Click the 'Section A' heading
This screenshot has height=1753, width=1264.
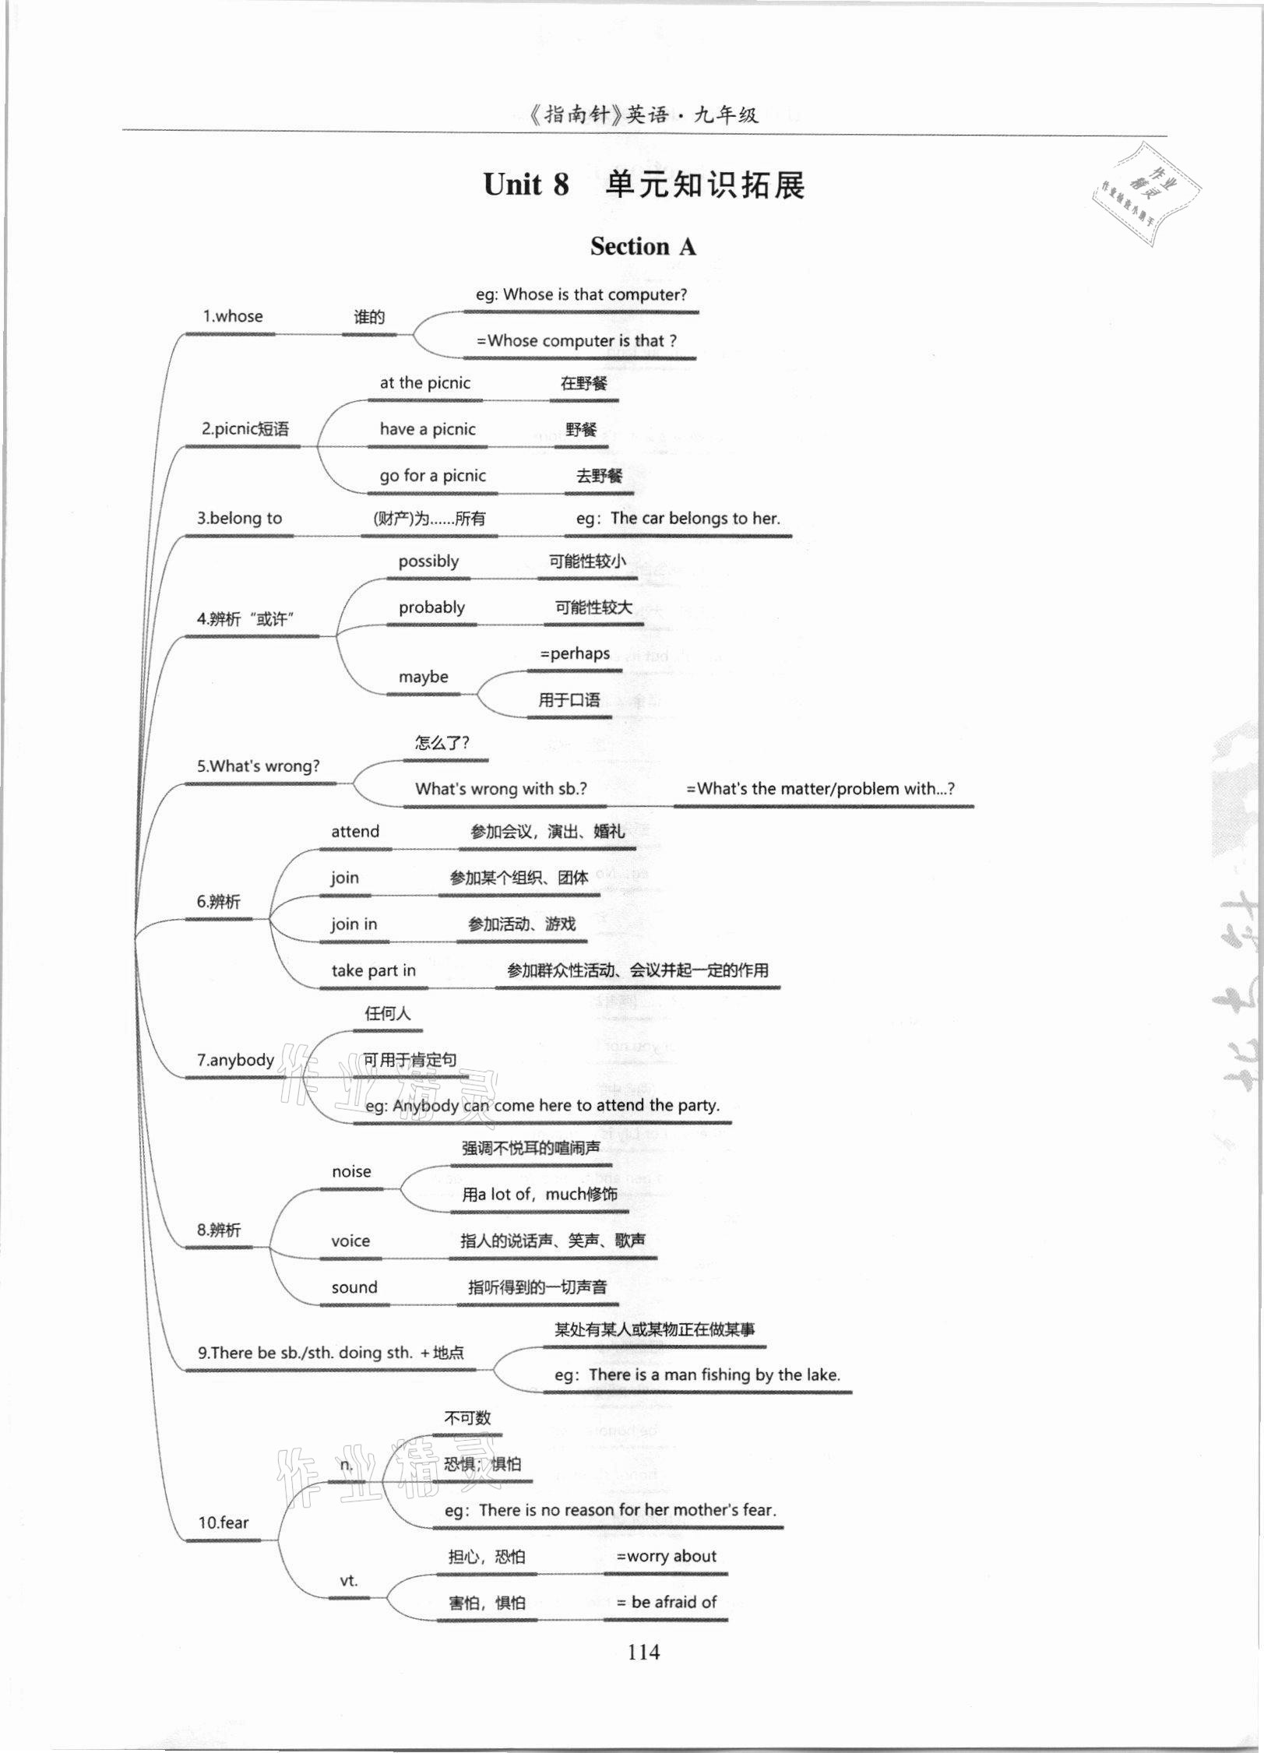tap(643, 247)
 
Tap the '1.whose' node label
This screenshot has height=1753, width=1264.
tap(233, 316)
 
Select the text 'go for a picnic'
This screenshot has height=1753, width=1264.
tap(432, 476)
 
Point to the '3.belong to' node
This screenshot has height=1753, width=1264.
tap(239, 519)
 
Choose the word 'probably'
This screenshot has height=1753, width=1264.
tap(431, 607)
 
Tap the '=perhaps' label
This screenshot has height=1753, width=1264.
tap(575, 654)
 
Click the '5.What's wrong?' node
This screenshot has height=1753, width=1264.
tap(258, 766)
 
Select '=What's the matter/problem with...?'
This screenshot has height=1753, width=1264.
tap(820, 789)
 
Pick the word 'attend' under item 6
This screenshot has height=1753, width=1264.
tap(355, 832)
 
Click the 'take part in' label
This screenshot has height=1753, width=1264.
tap(373, 970)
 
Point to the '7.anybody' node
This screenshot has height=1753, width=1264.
tap(235, 1060)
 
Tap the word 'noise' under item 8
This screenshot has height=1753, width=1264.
tap(351, 1172)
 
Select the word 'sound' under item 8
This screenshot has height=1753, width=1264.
tap(354, 1287)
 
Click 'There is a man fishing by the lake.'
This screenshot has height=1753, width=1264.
tap(714, 1375)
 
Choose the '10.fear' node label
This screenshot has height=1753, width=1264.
tap(224, 1522)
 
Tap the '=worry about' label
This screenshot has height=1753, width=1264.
tap(666, 1557)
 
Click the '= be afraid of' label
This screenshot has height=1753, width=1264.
tap(666, 1602)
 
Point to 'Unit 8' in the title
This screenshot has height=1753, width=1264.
tap(526, 185)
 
